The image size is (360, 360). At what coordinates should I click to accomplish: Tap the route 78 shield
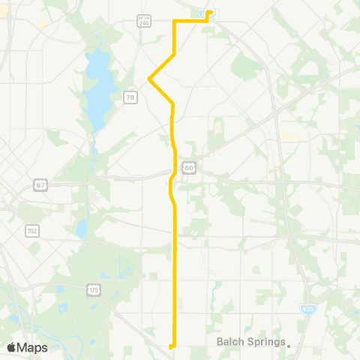point(130,97)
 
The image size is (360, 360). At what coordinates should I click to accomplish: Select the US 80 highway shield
point(190,168)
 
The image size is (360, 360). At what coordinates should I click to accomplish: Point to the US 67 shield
point(40,184)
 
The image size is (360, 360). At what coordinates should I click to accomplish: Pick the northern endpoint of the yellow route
point(209,12)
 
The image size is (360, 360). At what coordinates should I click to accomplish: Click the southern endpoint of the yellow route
point(172,346)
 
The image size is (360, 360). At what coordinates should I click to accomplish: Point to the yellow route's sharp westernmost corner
point(149,78)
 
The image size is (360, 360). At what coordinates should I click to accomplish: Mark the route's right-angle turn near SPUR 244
point(175,22)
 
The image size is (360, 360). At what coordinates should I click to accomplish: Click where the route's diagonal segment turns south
point(173,103)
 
